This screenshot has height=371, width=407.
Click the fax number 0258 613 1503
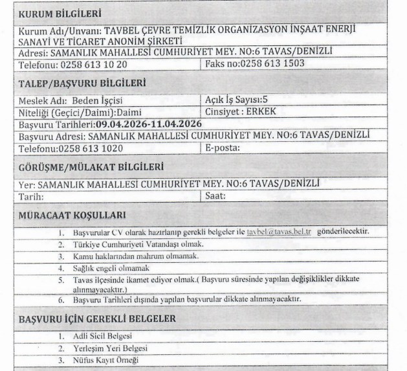pyautogui.click(x=269, y=63)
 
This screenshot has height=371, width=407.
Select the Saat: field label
pyautogui.click(x=214, y=194)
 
